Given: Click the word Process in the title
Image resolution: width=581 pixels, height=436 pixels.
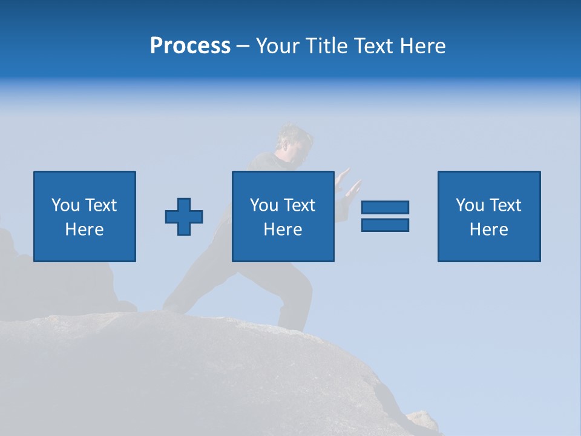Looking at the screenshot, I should pos(190,46).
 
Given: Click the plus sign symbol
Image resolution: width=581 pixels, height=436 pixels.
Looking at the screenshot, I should pos(184,216).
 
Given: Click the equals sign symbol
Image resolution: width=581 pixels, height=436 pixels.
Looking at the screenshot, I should pos(385,216).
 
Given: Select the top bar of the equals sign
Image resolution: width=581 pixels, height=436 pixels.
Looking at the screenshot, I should pos(385,208).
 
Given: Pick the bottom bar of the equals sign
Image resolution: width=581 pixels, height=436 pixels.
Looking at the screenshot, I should pos(385,225).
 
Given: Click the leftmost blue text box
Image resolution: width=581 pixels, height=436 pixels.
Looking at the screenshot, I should pos(85,216).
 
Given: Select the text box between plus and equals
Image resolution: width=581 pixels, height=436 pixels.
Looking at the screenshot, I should pos(283,216).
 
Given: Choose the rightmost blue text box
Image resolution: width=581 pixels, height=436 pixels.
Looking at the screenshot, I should pos(489,216).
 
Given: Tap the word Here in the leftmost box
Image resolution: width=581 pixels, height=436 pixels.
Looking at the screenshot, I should pos(85,230).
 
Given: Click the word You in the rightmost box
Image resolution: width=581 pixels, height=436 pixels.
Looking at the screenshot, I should pos(470,205).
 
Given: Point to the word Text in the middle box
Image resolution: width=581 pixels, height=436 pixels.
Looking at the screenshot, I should pos(300,205).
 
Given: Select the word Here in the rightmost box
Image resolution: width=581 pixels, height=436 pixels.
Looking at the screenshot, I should pos(489,230).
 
